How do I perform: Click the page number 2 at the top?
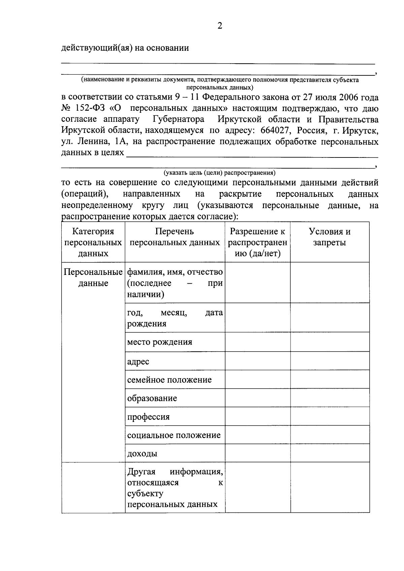pyautogui.click(x=220, y=26)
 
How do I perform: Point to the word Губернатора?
pyautogui.click(x=178, y=119)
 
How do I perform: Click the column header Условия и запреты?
pyautogui.click(x=330, y=237)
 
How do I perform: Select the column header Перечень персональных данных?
pyautogui.click(x=174, y=237)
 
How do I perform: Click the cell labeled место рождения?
pyautogui.click(x=160, y=342)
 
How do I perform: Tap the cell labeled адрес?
pyautogui.click(x=138, y=362)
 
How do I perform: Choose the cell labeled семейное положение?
pyautogui.click(x=169, y=380)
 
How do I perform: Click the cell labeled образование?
pyautogui.click(x=152, y=398)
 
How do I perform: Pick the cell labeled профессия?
pyautogui.click(x=148, y=417)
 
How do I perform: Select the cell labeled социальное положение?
pyautogui.click(x=174, y=435)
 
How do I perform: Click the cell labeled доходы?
pyautogui.click(x=142, y=454)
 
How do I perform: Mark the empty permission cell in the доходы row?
pyautogui.click(x=258, y=453)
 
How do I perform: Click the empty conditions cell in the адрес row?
pyautogui.click(x=330, y=361)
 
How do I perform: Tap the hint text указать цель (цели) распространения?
pyautogui.click(x=219, y=173)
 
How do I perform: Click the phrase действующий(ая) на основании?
pyautogui.click(x=125, y=48)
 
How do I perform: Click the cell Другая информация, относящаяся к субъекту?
pyautogui.click(x=175, y=488)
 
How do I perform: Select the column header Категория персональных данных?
pyautogui.click(x=93, y=242)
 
